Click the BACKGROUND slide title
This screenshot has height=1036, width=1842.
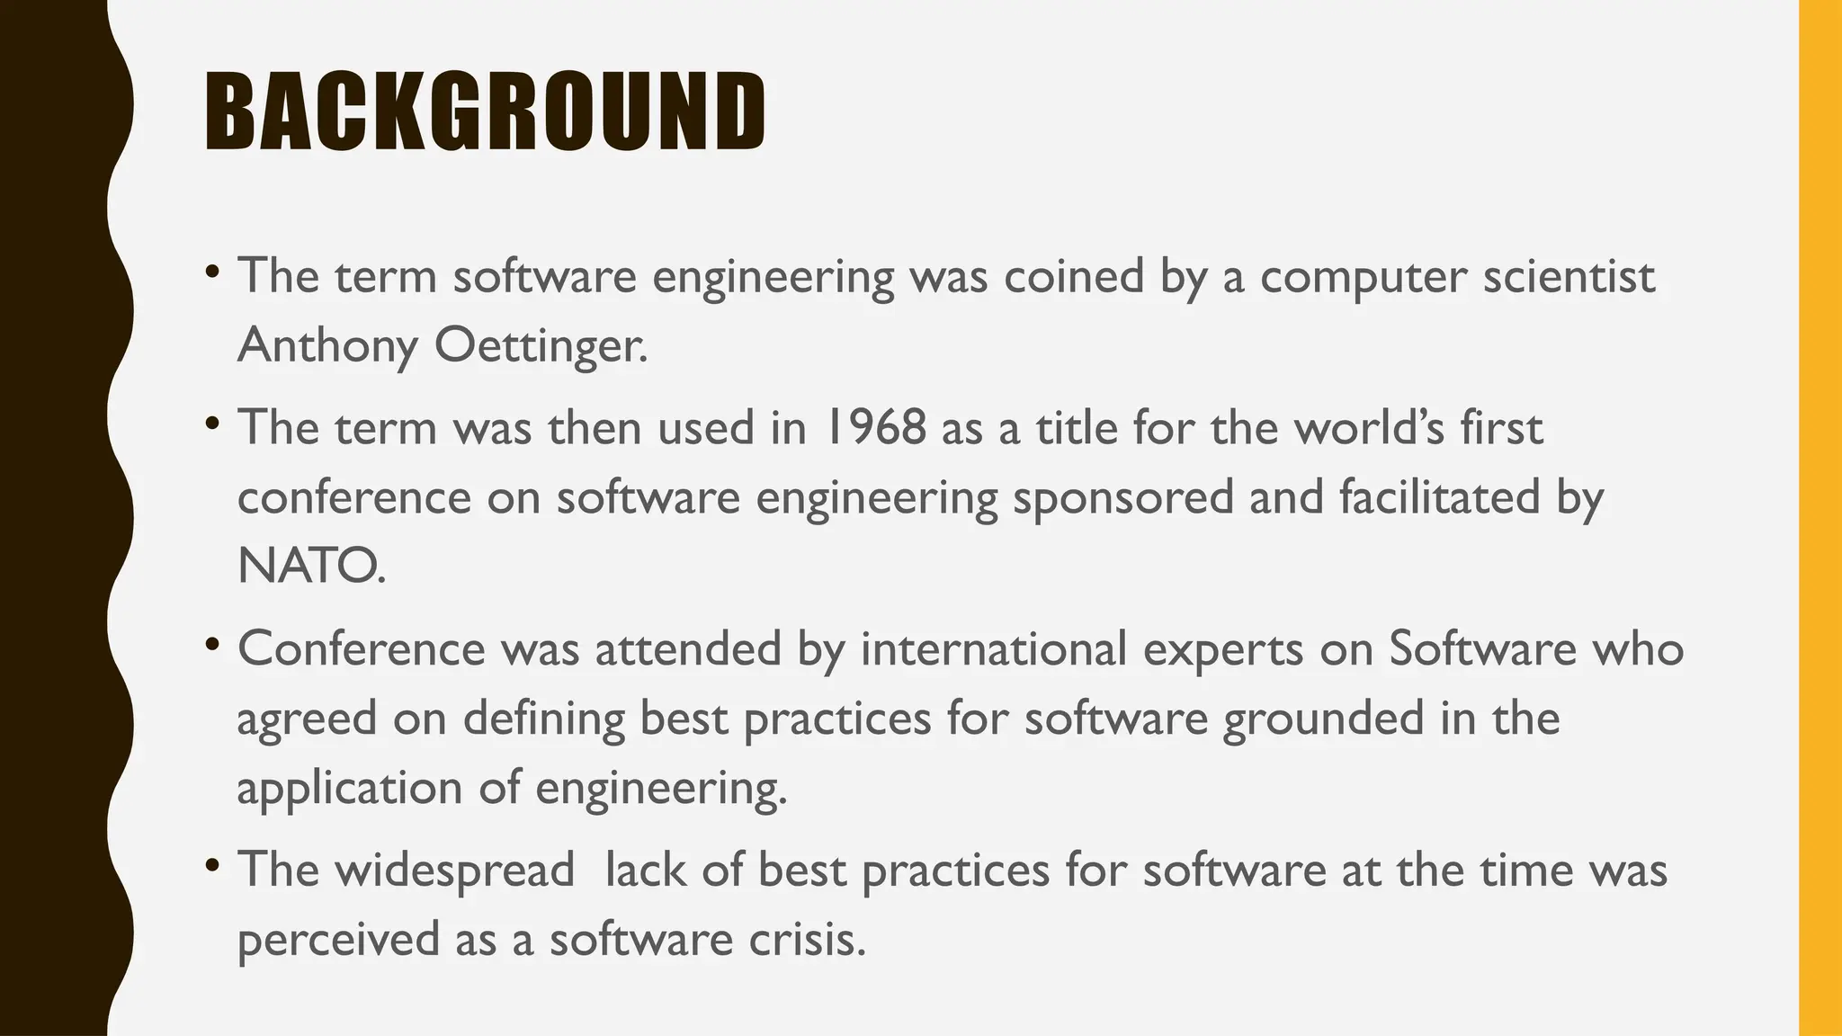tap(485, 112)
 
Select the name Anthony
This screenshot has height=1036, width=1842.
tap(326, 345)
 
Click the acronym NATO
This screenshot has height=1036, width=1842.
tap(311, 567)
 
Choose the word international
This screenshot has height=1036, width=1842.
tap(993, 648)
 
